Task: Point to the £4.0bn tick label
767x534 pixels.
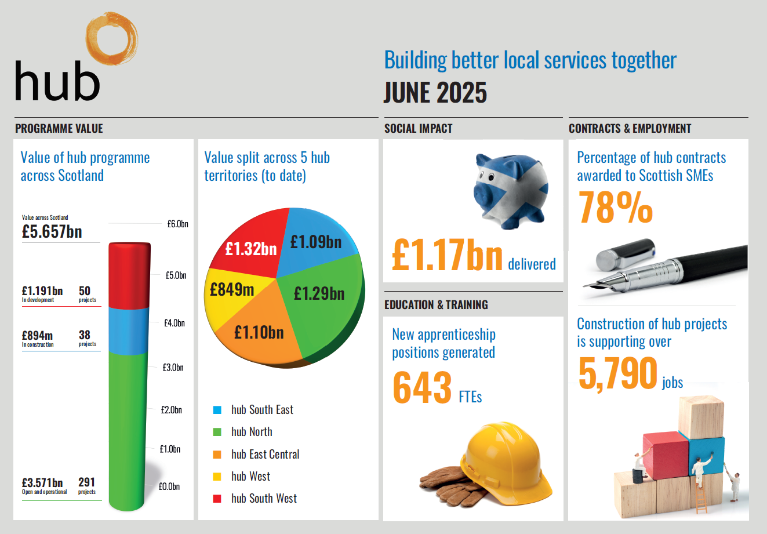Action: coord(174,323)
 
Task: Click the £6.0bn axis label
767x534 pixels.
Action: coord(177,224)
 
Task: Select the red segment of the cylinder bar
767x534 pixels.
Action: coord(129,276)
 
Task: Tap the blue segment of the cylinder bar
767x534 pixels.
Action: coord(129,330)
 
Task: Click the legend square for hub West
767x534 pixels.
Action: coord(217,477)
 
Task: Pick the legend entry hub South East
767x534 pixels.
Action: coord(262,410)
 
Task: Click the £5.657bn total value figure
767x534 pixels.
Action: coord(52,232)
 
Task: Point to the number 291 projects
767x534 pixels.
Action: coord(86,482)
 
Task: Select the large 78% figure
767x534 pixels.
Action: coord(615,208)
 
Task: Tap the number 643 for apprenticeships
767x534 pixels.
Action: coord(422,387)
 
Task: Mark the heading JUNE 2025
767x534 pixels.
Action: coord(435,93)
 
